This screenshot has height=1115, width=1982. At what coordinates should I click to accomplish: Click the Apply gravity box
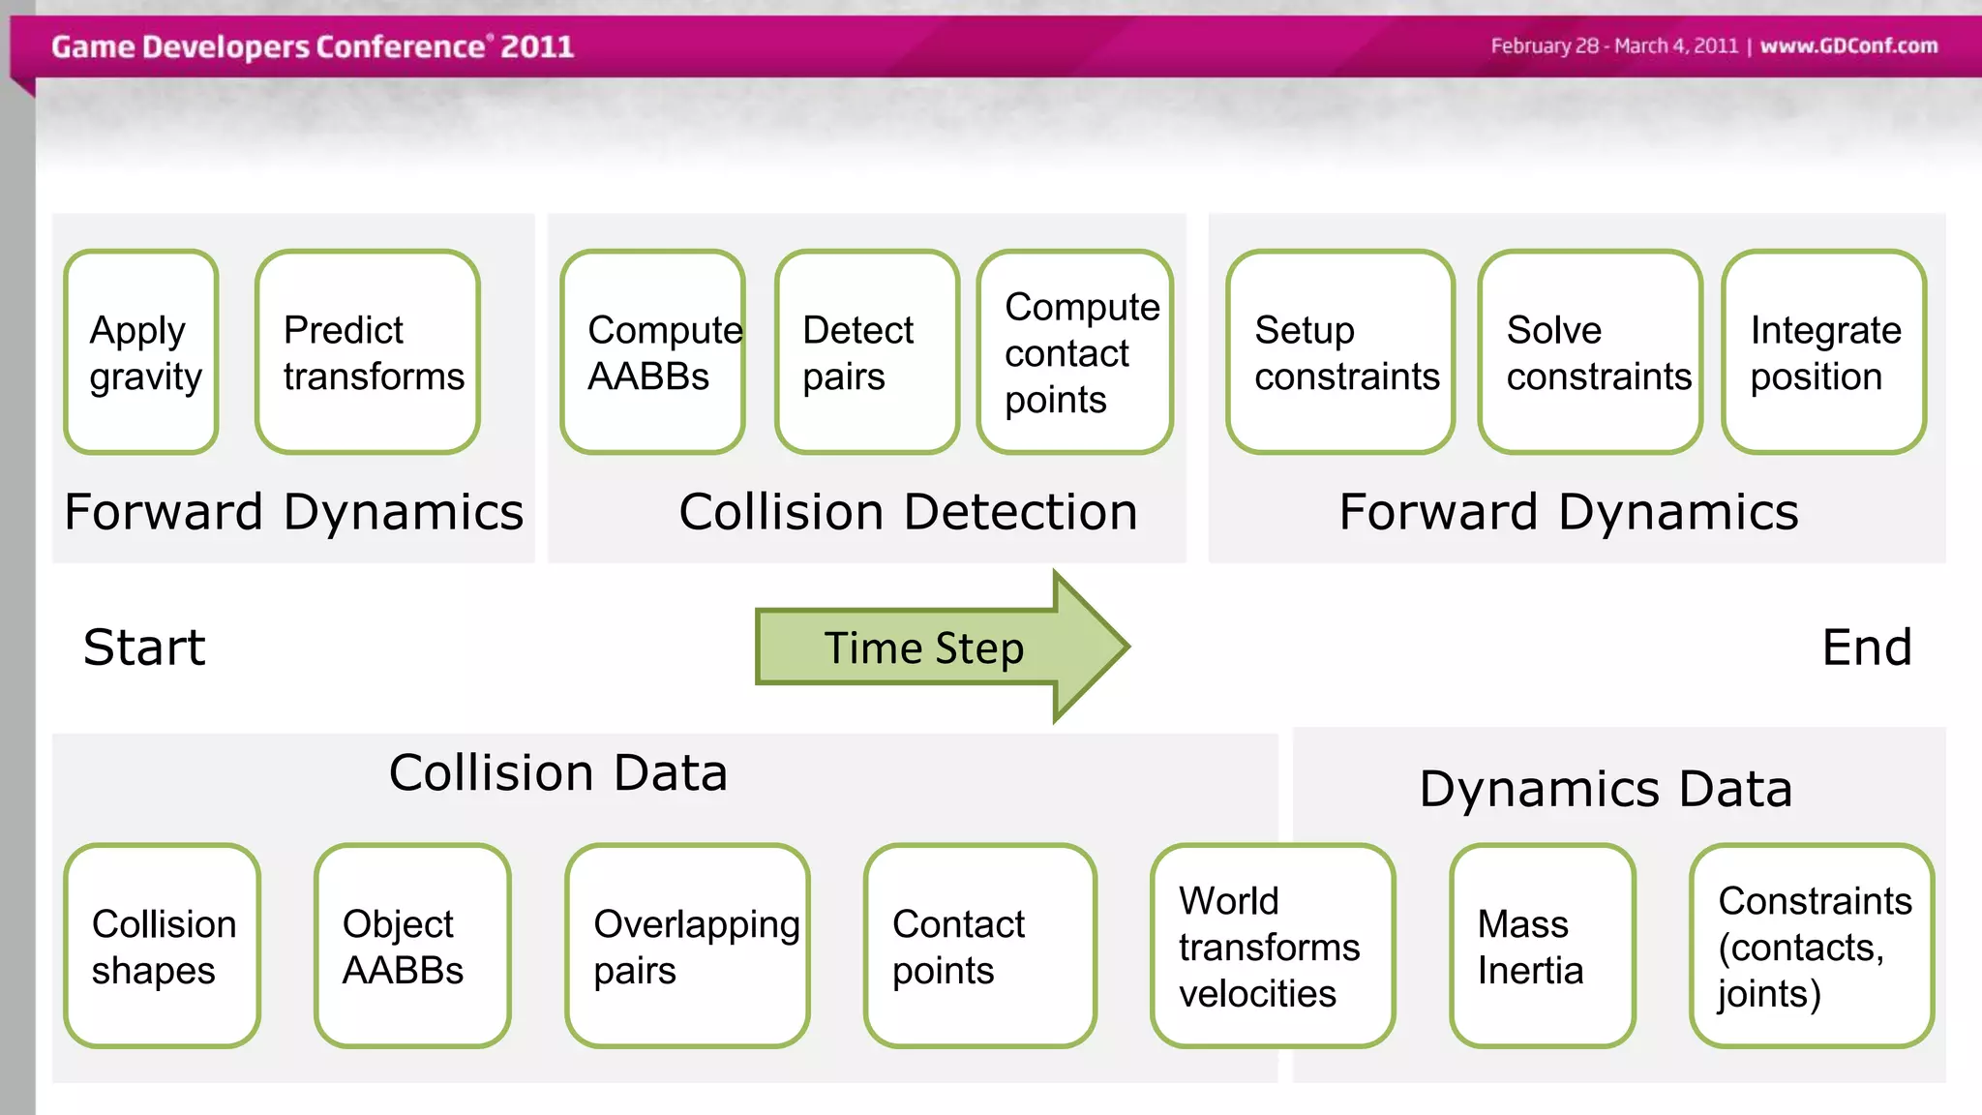click(141, 352)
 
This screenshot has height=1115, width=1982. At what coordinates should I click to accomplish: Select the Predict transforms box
click(368, 352)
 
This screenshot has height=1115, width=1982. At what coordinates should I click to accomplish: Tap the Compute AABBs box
click(653, 352)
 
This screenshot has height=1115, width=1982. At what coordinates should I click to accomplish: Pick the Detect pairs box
click(867, 352)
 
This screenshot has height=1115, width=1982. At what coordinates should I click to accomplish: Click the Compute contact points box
click(1075, 352)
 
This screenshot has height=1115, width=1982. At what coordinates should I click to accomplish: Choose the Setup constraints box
click(1340, 352)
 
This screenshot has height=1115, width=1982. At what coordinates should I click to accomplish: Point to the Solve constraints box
click(1590, 352)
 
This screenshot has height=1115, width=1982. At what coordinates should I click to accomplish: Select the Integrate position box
click(1824, 352)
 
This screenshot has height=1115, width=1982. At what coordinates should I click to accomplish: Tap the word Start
click(144, 647)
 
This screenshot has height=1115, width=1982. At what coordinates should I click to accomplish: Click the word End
click(1867, 647)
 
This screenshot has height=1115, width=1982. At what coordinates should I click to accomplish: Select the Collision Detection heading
click(908, 512)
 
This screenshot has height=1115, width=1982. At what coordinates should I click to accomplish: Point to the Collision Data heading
click(558, 772)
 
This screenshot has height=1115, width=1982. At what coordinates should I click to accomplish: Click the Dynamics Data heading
click(1606, 788)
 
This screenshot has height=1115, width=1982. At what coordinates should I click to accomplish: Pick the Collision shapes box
click(163, 946)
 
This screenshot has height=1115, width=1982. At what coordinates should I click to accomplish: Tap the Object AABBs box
click(412, 946)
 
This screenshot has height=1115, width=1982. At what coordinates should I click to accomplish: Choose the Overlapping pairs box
click(688, 946)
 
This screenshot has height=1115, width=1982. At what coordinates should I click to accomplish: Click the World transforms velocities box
click(1273, 946)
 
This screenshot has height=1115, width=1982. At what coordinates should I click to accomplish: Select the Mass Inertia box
click(1543, 946)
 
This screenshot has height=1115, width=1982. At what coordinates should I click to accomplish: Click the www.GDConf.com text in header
click(1848, 45)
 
